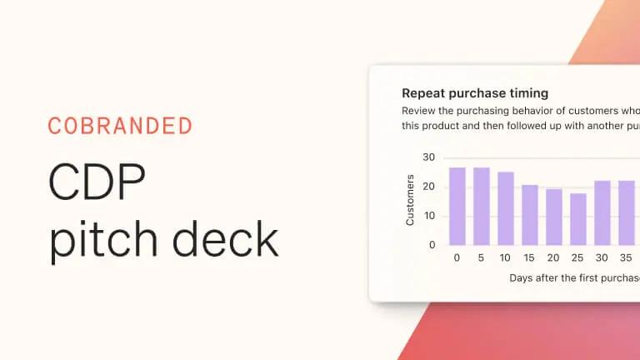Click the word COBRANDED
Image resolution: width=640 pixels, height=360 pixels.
tap(120, 127)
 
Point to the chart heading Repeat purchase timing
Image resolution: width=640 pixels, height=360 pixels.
tap(475, 93)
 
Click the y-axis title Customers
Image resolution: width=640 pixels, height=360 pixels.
tap(410, 200)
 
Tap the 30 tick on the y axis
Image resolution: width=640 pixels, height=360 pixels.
tap(429, 157)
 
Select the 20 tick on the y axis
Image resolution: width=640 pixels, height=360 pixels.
tap(429, 187)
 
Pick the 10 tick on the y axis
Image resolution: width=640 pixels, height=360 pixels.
tap(429, 216)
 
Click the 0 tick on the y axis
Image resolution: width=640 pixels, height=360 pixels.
tap(432, 245)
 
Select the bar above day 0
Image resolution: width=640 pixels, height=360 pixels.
tap(457, 207)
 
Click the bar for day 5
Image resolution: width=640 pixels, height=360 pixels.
tap(481, 207)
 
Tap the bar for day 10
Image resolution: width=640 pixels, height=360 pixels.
tap(505, 208)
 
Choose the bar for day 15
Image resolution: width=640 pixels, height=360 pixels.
tap(529, 215)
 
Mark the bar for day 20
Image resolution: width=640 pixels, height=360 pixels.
tap(553, 217)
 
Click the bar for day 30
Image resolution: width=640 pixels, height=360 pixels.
tap(602, 212)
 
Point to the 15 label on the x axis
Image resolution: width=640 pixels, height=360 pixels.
tap(529, 258)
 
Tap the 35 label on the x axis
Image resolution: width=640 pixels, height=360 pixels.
tap(626, 258)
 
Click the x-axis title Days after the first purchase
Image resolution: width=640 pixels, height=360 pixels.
tap(574, 278)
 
